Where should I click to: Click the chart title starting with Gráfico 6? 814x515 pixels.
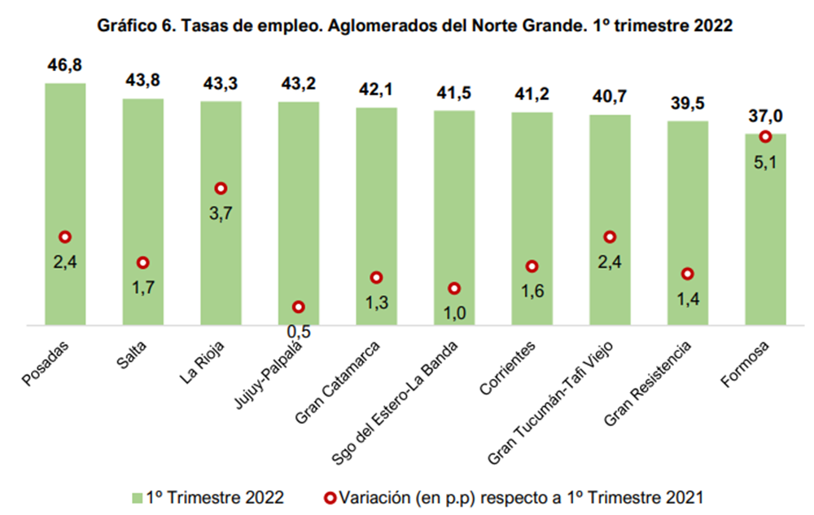(415, 26)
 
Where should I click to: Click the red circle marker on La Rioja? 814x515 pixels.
(221, 188)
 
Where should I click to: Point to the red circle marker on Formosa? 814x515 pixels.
(765, 137)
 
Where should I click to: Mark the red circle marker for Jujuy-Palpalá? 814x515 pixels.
(299, 307)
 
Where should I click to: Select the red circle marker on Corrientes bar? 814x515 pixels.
(532, 266)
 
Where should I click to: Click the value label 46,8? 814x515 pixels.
(65, 65)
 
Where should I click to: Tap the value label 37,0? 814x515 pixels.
(765, 117)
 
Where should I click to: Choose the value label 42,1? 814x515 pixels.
(376, 90)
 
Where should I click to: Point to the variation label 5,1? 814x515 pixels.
(765, 161)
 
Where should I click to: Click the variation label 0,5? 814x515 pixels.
(299, 330)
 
